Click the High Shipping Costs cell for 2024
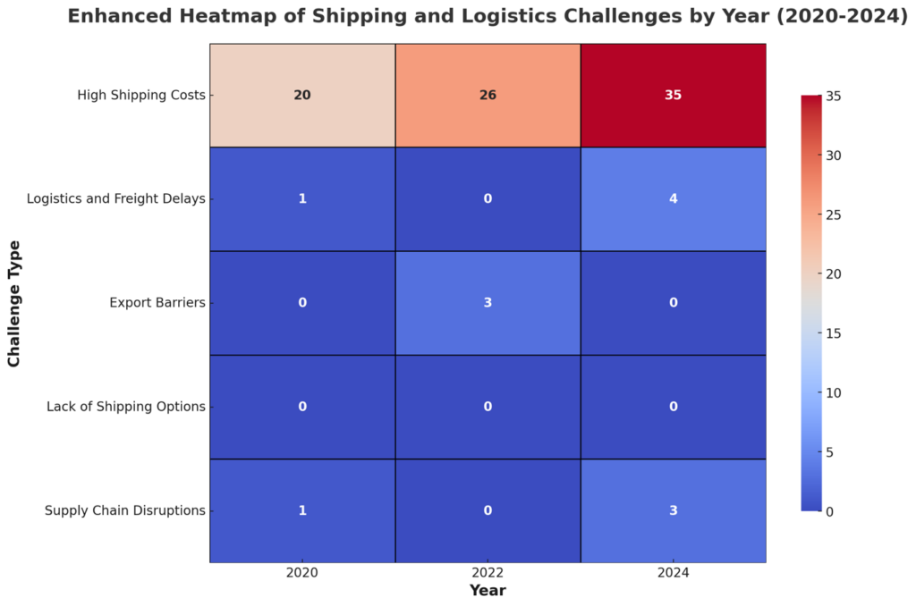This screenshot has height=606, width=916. coord(673,95)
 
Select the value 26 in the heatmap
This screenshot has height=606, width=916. coord(488,95)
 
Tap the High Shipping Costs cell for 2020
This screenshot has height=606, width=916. coord(302,95)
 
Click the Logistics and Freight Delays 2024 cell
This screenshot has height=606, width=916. coord(673,198)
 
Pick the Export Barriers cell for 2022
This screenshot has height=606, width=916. coord(488,302)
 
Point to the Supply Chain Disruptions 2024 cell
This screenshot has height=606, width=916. coord(673,510)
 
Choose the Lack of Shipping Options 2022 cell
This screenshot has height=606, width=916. coord(488,407)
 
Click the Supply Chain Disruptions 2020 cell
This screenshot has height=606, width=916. coord(302,510)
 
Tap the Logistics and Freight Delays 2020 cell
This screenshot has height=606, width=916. coord(302,198)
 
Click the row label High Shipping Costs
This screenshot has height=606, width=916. coord(141,95)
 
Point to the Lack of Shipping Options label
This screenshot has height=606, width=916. coord(126,407)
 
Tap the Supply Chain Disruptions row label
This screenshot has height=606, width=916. coord(125,511)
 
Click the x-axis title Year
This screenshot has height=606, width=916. coord(488,591)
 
